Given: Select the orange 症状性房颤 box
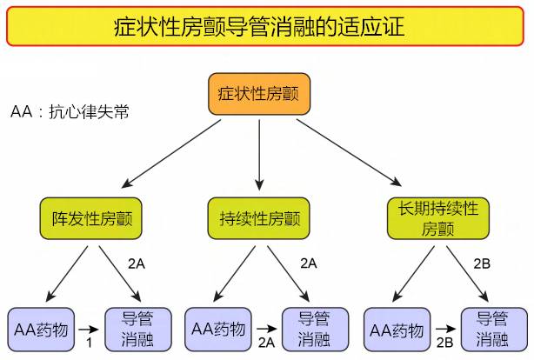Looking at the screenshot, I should (x=259, y=93).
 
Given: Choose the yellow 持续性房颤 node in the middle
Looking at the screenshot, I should (x=258, y=217).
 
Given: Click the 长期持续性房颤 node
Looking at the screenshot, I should (x=438, y=217).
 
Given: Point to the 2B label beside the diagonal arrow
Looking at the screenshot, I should (x=483, y=263).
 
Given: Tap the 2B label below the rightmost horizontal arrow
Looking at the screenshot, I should (x=444, y=344).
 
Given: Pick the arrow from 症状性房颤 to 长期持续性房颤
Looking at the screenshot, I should (x=348, y=151).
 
